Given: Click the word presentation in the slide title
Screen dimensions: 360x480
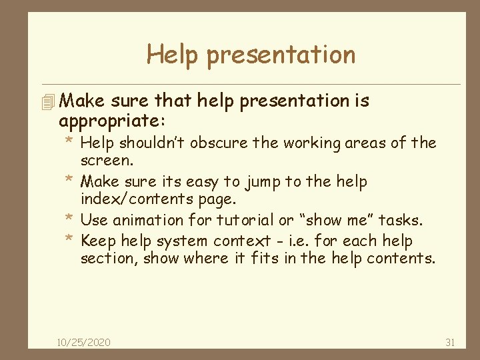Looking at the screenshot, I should tap(281, 55).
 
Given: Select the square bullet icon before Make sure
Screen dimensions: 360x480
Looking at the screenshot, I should tap(46, 103).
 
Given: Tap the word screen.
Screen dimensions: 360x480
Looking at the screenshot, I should tap(107, 161).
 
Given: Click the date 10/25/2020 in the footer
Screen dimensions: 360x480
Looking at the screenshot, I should tap(84, 343).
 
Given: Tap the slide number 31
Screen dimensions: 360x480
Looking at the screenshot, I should tap(449, 343).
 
